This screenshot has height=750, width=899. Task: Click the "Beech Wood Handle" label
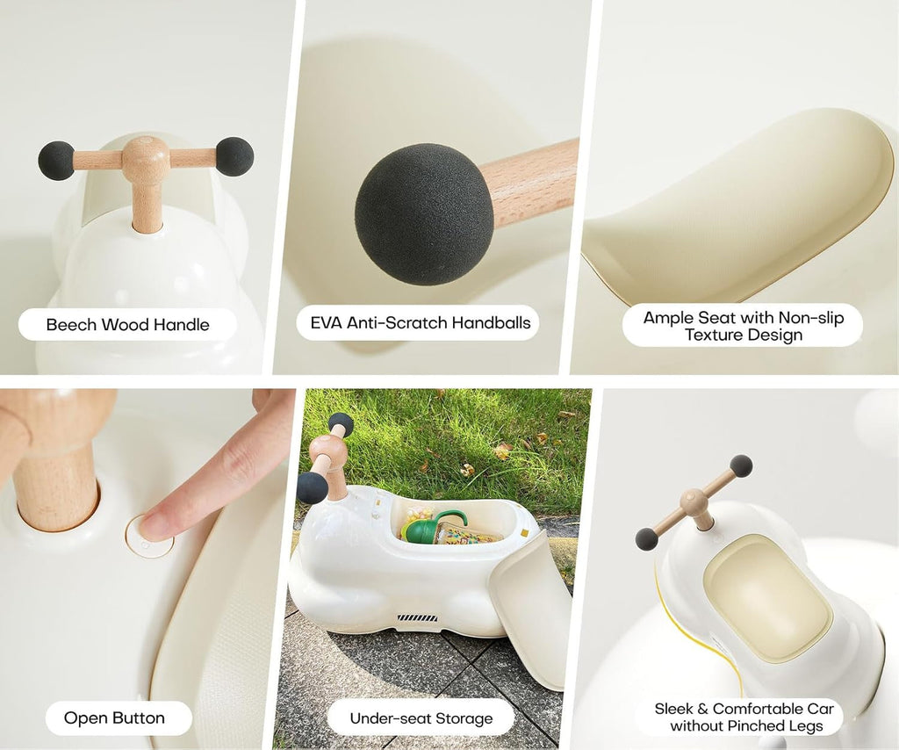pos(127,325)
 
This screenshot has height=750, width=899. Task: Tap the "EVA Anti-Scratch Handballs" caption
pos(421,323)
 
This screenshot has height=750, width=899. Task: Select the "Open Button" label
pos(114,718)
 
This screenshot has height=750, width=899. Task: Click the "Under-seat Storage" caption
pos(421,718)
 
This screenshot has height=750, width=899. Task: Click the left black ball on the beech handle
pos(56,161)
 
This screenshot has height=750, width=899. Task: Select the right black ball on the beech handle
pos(234,155)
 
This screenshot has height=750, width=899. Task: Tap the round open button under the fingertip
pos(148,536)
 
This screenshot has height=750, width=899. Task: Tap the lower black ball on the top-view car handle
pos(647,539)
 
